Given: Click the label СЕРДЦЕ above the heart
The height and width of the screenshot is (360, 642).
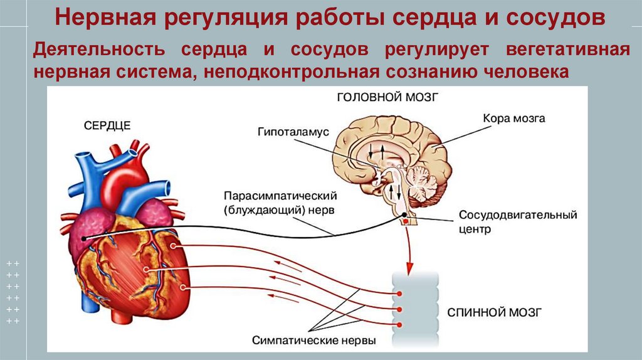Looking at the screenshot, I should pos(107,125).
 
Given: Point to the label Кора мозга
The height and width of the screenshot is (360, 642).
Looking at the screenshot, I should pos(514,118).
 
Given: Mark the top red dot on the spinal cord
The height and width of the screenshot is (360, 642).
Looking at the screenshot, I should pos(398,294).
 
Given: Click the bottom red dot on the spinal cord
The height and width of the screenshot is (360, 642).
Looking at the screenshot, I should pos(398,324).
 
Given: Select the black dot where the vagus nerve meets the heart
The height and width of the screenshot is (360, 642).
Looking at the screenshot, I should pos(83,238).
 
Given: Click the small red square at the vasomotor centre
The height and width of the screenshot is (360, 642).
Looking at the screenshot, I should pos(406,222).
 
